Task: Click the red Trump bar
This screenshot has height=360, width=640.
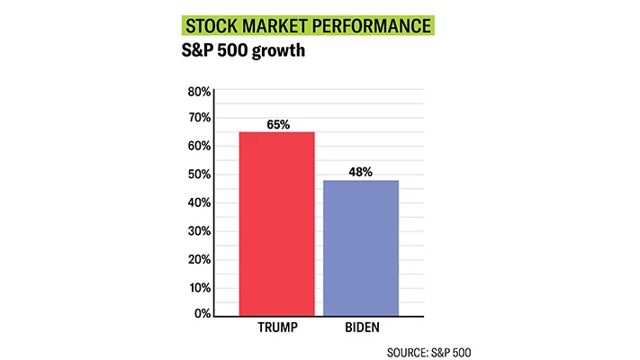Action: (x=276, y=223)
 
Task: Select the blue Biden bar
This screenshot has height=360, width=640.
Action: (x=360, y=247)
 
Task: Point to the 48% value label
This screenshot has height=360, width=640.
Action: (x=360, y=172)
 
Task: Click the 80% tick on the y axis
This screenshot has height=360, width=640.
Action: (x=198, y=92)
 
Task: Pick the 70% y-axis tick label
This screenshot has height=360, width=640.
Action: (x=198, y=118)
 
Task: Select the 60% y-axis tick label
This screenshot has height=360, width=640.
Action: (x=198, y=146)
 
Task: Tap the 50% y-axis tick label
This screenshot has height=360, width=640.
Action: (x=198, y=174)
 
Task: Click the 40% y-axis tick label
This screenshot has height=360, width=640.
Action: (x=198, y=202)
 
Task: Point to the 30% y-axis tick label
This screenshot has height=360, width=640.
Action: (x=198, y=231)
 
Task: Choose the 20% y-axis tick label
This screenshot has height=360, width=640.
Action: (x=198, y=259)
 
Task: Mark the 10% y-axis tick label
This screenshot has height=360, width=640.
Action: (x=198, y=287)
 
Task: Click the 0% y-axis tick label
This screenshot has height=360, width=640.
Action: (x=202, y=313)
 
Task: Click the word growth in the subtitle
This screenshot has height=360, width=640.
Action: (x=272, y=49)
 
